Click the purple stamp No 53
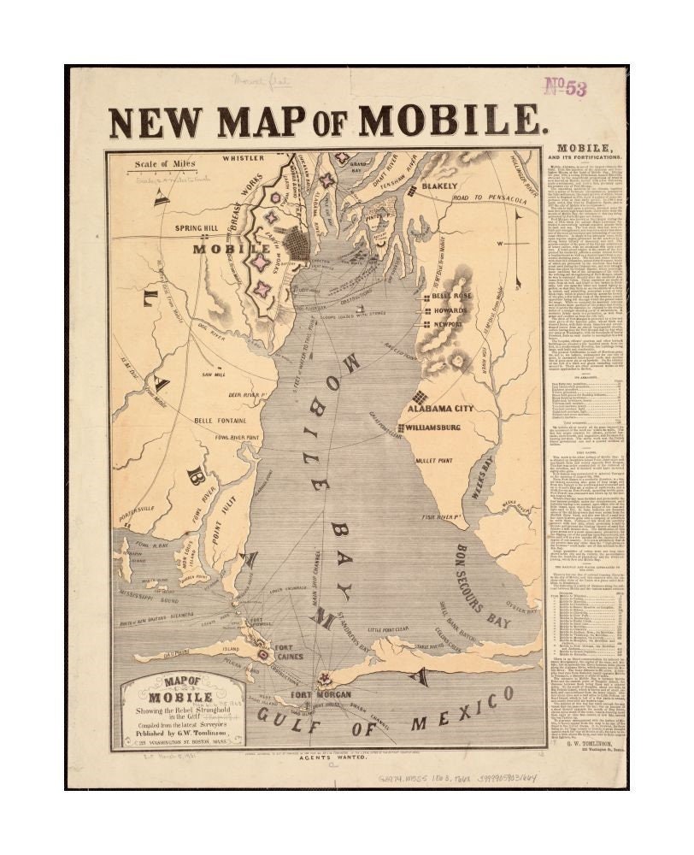(x=566, y=88)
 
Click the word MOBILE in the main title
(x=453, y=121)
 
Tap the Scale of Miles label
(x=165, y=163)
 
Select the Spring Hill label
(x=197, y=228)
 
